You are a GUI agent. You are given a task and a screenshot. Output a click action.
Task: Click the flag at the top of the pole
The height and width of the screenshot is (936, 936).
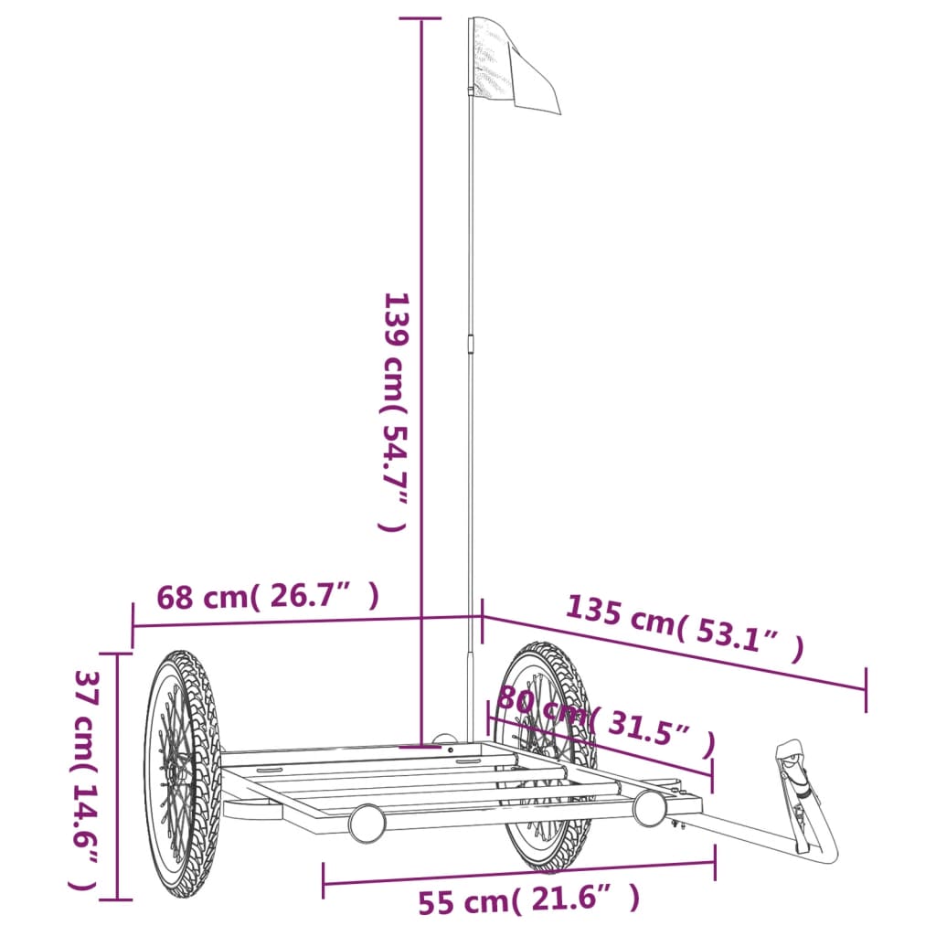(x=516, y=69)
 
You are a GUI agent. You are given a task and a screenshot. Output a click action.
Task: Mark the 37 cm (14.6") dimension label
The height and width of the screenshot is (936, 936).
(x=85, y=779)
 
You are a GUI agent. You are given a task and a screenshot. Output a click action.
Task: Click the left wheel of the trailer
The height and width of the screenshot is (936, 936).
(x=182, y=772)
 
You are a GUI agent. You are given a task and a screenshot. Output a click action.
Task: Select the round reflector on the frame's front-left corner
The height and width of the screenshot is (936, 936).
(x=367, y=823)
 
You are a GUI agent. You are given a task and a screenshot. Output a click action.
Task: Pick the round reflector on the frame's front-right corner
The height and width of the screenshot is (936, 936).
(x=650, y=807)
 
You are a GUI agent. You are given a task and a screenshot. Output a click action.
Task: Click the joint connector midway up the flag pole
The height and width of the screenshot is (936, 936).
(x=472, y=344)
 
